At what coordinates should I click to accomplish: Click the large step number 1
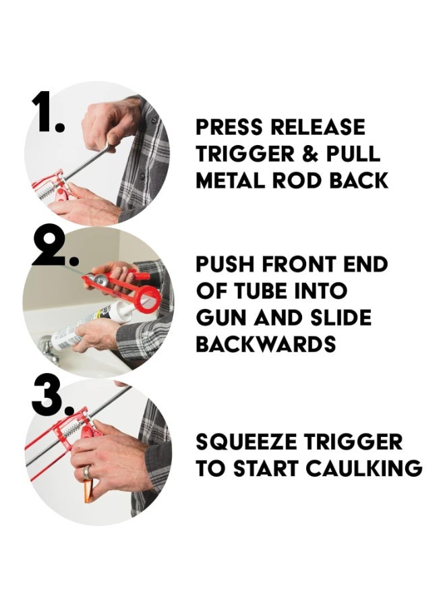point(48,111)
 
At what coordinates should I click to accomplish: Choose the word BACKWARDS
point(266,344)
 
